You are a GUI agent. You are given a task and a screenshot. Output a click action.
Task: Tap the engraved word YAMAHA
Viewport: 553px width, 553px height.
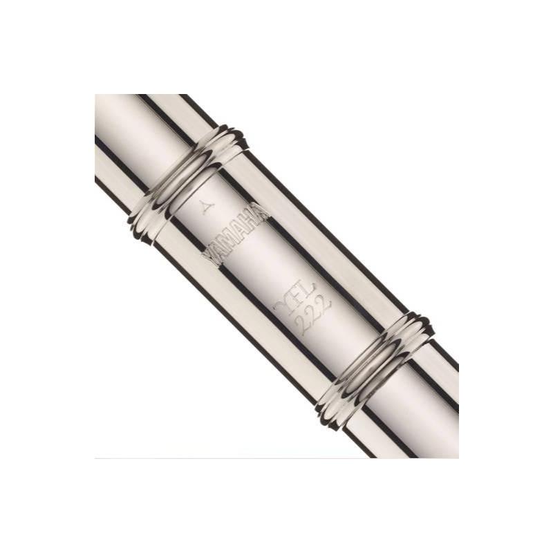(x=235, y=235)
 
